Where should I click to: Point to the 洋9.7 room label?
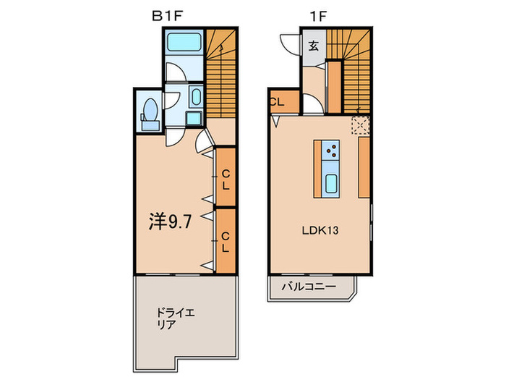[x=171, y=221]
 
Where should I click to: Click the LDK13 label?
[x=320, y=231]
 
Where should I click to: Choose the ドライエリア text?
[x=176, y=319]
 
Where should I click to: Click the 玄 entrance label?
[x=314, y=47]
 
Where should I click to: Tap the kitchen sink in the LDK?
[x=331, y=183]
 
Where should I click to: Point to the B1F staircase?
[x=221, y=72]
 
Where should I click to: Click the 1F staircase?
[x=350, y=69]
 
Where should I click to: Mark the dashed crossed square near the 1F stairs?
[x=361, y=125]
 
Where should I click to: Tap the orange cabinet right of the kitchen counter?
[x=364, y=167]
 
